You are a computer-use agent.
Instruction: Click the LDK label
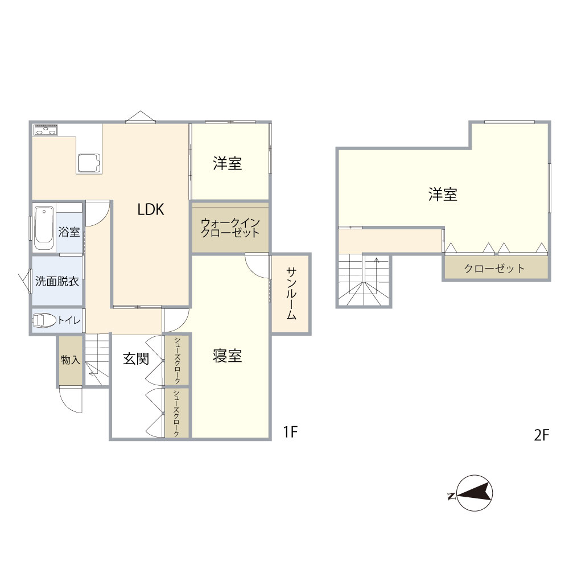tap(151, 209)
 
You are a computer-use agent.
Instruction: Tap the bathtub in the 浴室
tap(44, 225)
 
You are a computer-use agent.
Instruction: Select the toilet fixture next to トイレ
tap(44, 320)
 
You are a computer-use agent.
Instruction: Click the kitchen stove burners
tap(46, 130)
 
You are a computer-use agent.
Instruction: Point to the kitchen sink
tap(89, 163)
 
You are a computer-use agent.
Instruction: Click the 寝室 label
tap(227, 356)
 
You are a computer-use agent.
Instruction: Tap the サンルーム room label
tap(291, 293)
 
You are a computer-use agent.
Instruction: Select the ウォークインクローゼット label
tap(230, 228)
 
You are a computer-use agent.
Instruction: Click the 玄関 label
tap(136, 358)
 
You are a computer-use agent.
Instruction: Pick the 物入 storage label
tap(71, 360)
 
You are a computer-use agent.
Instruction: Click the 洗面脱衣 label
tap(57, 281)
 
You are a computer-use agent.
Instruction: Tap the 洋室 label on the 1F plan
tap(228, 163)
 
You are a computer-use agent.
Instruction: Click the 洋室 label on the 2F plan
tap(443, 195)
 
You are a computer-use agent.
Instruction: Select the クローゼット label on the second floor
tap(494, 269)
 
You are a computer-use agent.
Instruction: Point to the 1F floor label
tap(290, 432)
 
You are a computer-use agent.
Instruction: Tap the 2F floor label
tap(542, 435)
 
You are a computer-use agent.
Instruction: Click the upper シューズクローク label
tap(177, 360)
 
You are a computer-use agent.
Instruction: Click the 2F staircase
tap(364, 280)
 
